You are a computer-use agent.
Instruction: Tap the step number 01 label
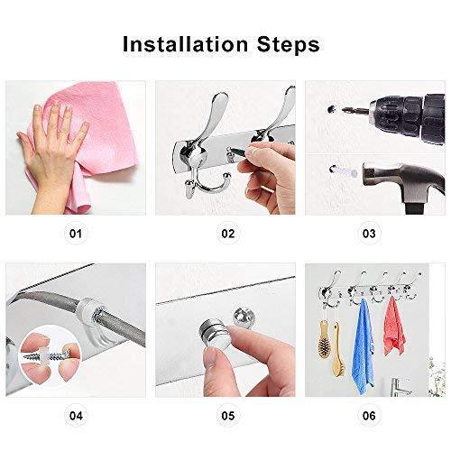point(76,235)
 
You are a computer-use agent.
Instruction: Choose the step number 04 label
point(76,416)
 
